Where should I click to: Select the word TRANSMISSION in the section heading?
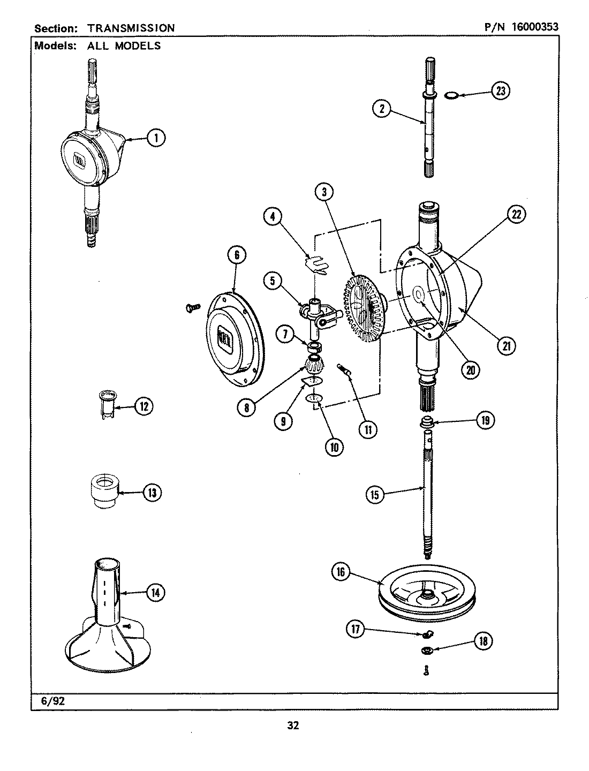[131, 27]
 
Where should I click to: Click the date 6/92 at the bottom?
[52, 700]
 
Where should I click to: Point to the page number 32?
[293, 726]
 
